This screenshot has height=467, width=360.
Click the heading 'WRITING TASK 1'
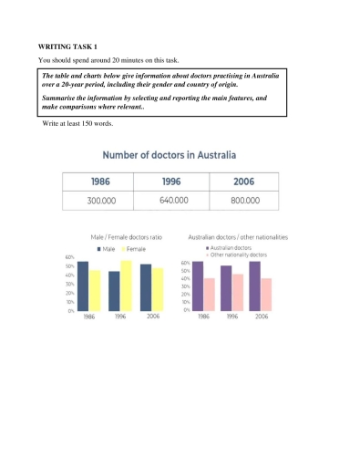click(x=67, y=46)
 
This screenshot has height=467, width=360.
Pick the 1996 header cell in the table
click(x=170, y=181)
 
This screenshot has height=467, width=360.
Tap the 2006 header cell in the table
click(x=243, y=181)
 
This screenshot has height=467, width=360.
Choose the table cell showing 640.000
click(x=170, y=200)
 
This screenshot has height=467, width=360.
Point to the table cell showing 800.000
click(x=243, y=200)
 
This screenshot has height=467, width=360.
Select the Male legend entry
click(x=104, y=248)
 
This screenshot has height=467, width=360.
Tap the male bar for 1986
click(x=83, y=286)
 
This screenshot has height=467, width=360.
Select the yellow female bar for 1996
click(x=126, y=285)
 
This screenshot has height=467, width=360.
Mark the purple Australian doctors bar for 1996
click(x=225, y=289)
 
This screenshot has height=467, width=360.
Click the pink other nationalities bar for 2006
click(x=267, y=295)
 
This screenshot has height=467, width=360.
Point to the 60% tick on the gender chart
click(x=69, y=257)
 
